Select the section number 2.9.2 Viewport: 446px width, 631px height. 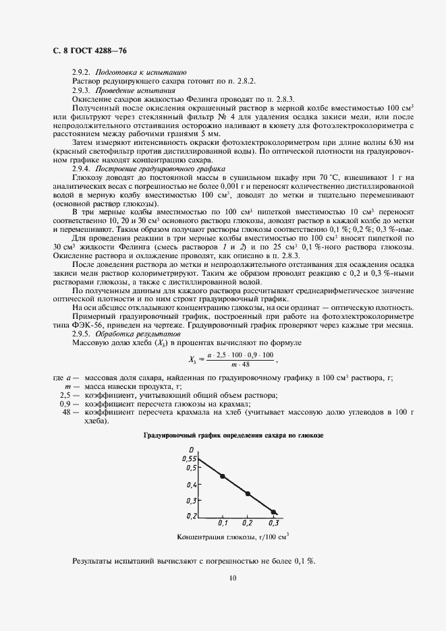82,71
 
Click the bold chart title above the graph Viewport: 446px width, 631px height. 233,437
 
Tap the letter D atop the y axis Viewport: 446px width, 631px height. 192,450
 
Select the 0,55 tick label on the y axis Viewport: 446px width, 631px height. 188,458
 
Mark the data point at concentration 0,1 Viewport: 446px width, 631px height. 223,477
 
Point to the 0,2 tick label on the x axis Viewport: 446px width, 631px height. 247,522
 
